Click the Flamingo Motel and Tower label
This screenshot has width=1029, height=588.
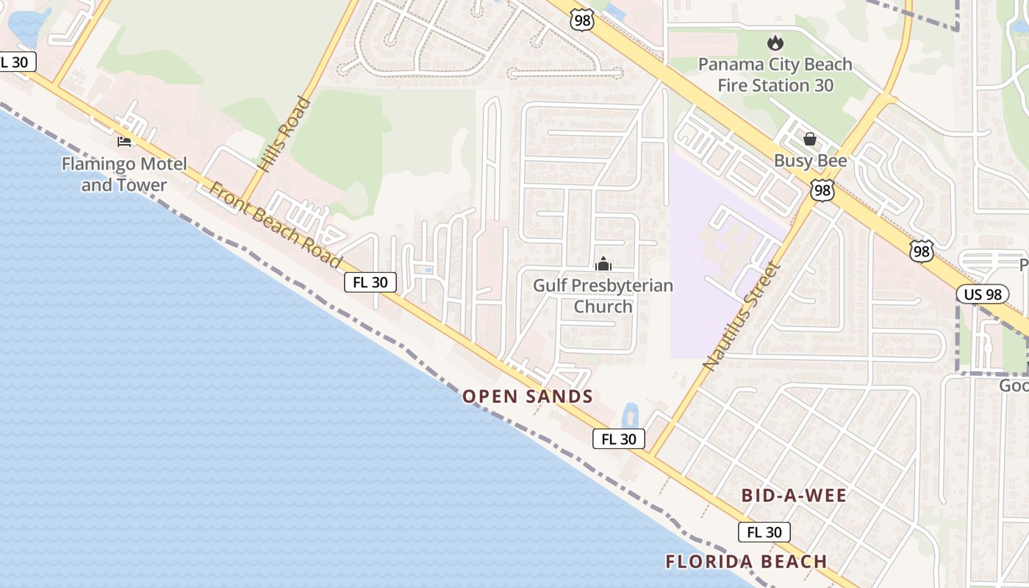[x=124, y=174]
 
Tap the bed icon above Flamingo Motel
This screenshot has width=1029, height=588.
[x=124, y=141]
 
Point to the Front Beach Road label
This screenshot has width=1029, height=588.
[x=276, y=224]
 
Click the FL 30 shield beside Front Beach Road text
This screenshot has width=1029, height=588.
[x=370, y=282]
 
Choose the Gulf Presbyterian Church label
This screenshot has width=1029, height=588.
[x=603, y=295]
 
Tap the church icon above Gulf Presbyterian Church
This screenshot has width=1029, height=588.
[x=603, y=264]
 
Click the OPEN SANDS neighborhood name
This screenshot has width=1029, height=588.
[x=527, y=397]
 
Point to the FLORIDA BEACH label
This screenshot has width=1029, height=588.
[x=746, y=562]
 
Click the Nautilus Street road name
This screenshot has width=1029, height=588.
[x=740, y=315]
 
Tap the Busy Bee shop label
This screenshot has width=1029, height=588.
[x=810, y=161]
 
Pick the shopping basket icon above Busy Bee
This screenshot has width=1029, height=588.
[x=810, y=139]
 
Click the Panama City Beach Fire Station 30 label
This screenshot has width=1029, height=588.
[x=775, y=74]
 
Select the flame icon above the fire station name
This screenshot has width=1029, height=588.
[x=775, y=44]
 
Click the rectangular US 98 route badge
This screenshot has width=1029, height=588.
[x=983, y=294]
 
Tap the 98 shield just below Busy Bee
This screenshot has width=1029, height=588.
[x=822, y=190]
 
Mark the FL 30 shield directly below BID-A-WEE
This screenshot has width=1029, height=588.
[x=764, y=532]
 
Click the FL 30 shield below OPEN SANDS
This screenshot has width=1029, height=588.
[x=619, y=439]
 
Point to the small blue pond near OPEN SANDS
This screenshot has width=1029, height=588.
[x=631, y=416]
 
